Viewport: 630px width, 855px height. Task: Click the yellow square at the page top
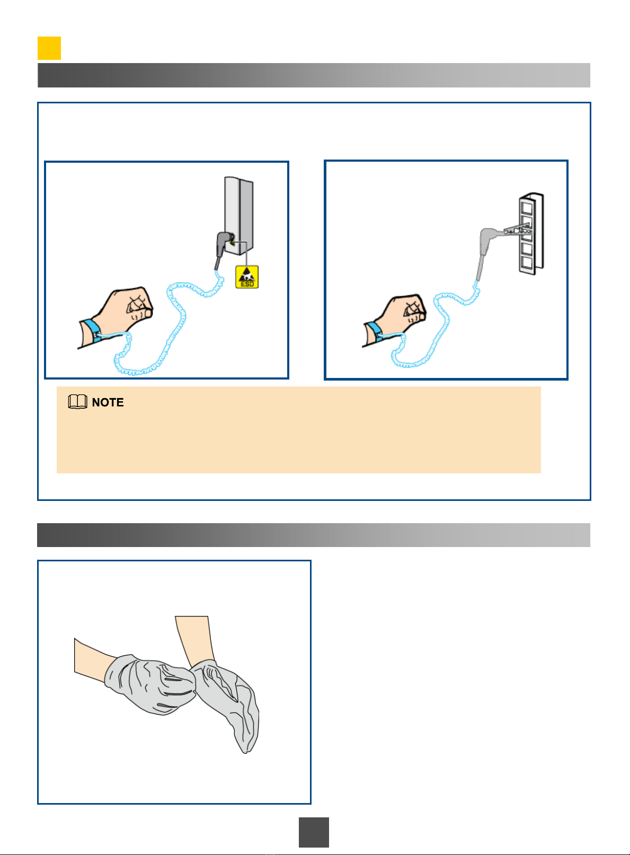[49, 48]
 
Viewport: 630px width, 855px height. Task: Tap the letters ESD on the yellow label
[247, 284]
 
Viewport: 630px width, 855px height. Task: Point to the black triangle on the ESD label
[247, 275]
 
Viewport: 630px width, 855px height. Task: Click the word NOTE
[108, 402]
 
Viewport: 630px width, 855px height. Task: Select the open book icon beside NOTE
[77, 402]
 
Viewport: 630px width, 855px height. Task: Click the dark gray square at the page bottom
[314, 832]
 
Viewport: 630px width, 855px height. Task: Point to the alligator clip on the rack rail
[517, 230]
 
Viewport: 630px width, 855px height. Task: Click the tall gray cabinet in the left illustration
[239, 216]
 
